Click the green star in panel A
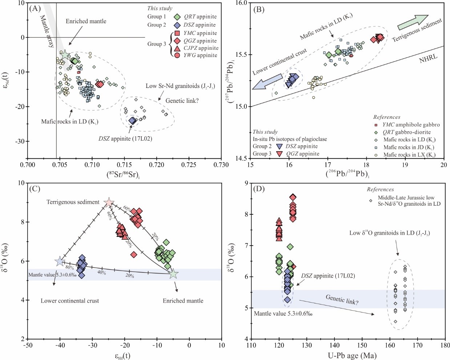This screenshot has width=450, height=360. [65, 55]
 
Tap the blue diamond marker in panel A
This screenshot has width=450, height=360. [133, 121]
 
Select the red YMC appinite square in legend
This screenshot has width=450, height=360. [177, 33]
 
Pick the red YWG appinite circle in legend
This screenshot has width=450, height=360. [177, 55]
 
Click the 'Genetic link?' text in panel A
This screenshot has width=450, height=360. [182, 101]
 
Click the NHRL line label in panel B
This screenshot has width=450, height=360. [429, 58]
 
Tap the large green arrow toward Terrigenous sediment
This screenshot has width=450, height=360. [413, 22]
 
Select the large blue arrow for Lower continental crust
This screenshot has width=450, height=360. [267, 81]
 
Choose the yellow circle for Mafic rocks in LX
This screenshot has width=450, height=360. [376, 155]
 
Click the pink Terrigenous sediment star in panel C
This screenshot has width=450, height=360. [109, 203]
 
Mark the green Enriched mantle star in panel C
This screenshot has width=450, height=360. [174, 274]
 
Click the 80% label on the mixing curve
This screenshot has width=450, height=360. [69, 268]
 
